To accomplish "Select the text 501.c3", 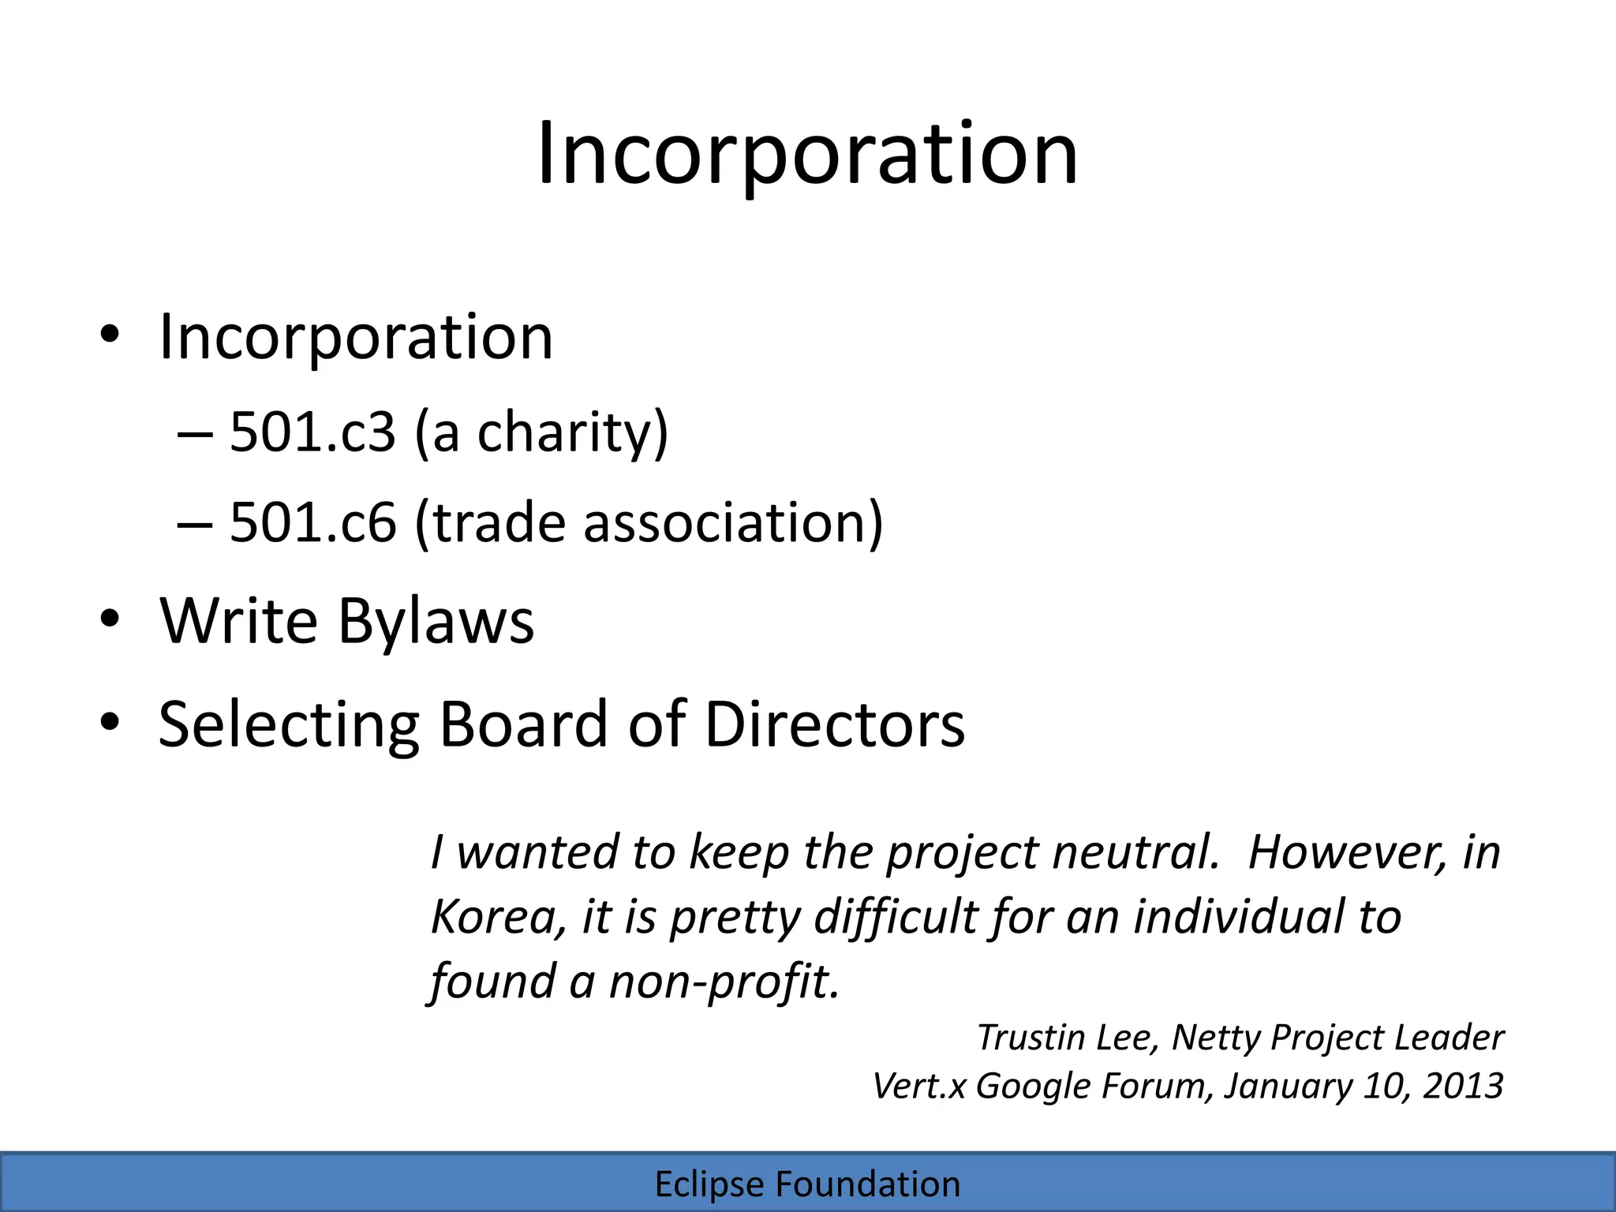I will (312, 432).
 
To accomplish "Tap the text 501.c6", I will (312, 522).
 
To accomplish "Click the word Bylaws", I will (436, 621).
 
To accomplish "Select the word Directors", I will (834, 724).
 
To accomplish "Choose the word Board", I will (523, 724).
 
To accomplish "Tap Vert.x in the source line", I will (918, 1087).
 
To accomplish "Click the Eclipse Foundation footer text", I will (807, 1184).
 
